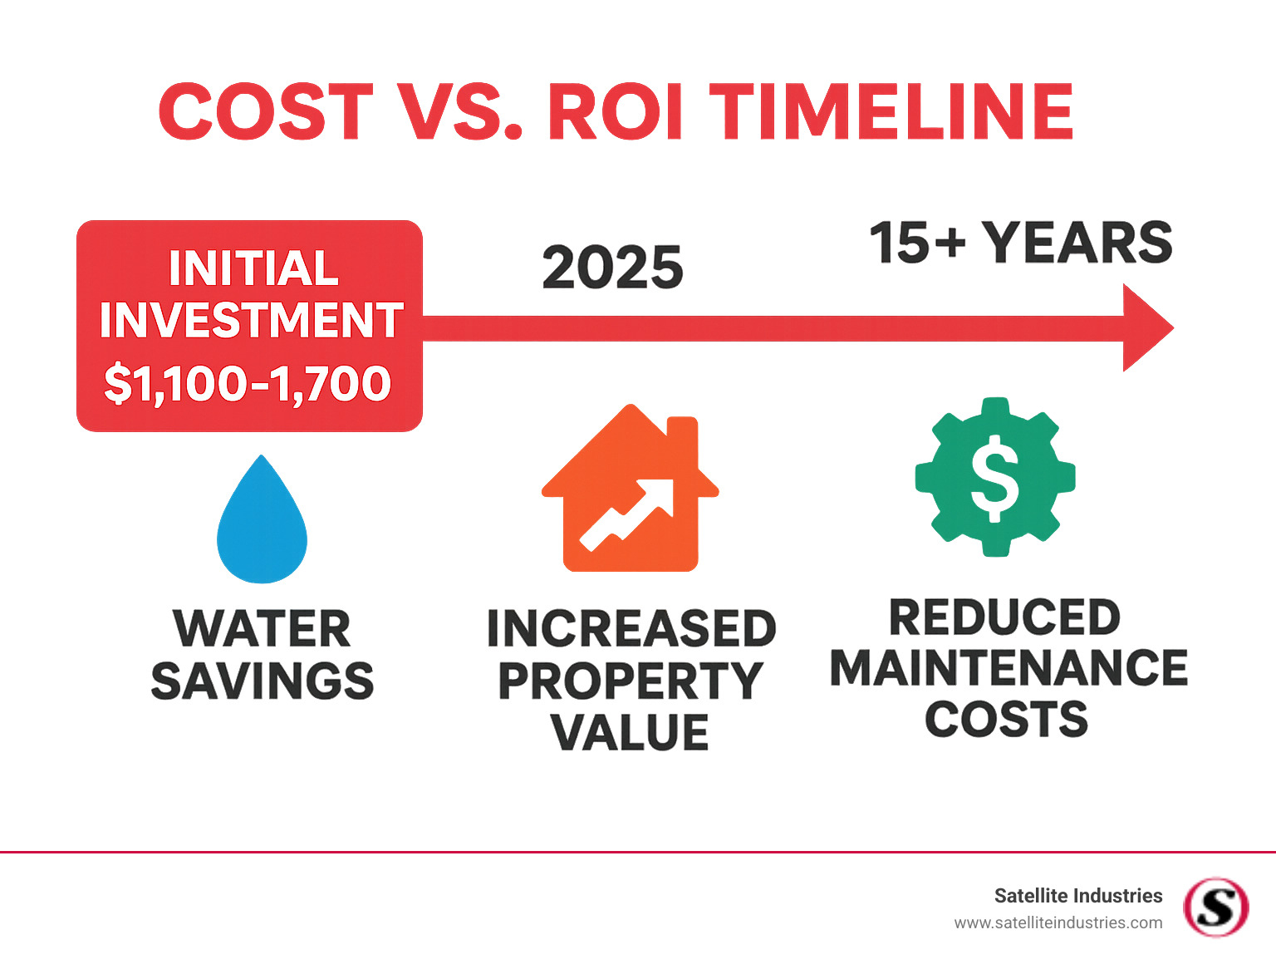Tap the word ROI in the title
tap(615, 111)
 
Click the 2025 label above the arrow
tap(612, 268)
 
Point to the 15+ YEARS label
tap(1021, 243)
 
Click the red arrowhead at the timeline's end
tap(1146, 328)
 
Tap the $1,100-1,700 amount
tap(248, 383)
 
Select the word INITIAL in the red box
tap(253, 268)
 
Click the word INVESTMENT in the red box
tap(251, 320)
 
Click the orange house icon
tap(630, 494)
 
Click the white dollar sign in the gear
tap(995, 480)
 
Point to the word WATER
tap(262, 629)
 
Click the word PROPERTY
tap(630, 681)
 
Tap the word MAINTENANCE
tap(1009, 668)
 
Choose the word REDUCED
tap(1005, 617)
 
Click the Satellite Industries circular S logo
tap(1215, 907)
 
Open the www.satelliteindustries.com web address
tap(1058, 922)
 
